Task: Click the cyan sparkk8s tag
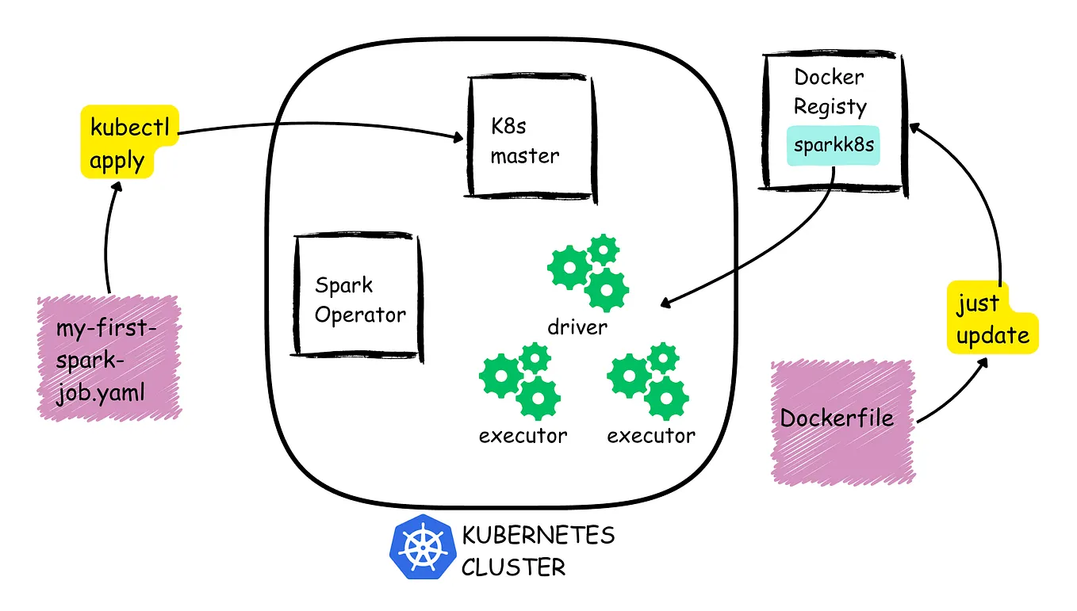click(833, 146)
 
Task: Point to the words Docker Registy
click(830, 92)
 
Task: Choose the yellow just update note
click(991, 319)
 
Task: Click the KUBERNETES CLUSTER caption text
click(538, 550)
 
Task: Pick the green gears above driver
click(588, 273)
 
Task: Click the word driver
click(577, 327)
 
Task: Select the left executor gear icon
click(521, 380)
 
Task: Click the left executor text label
click(523, 435)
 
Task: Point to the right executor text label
click(650, 435)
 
